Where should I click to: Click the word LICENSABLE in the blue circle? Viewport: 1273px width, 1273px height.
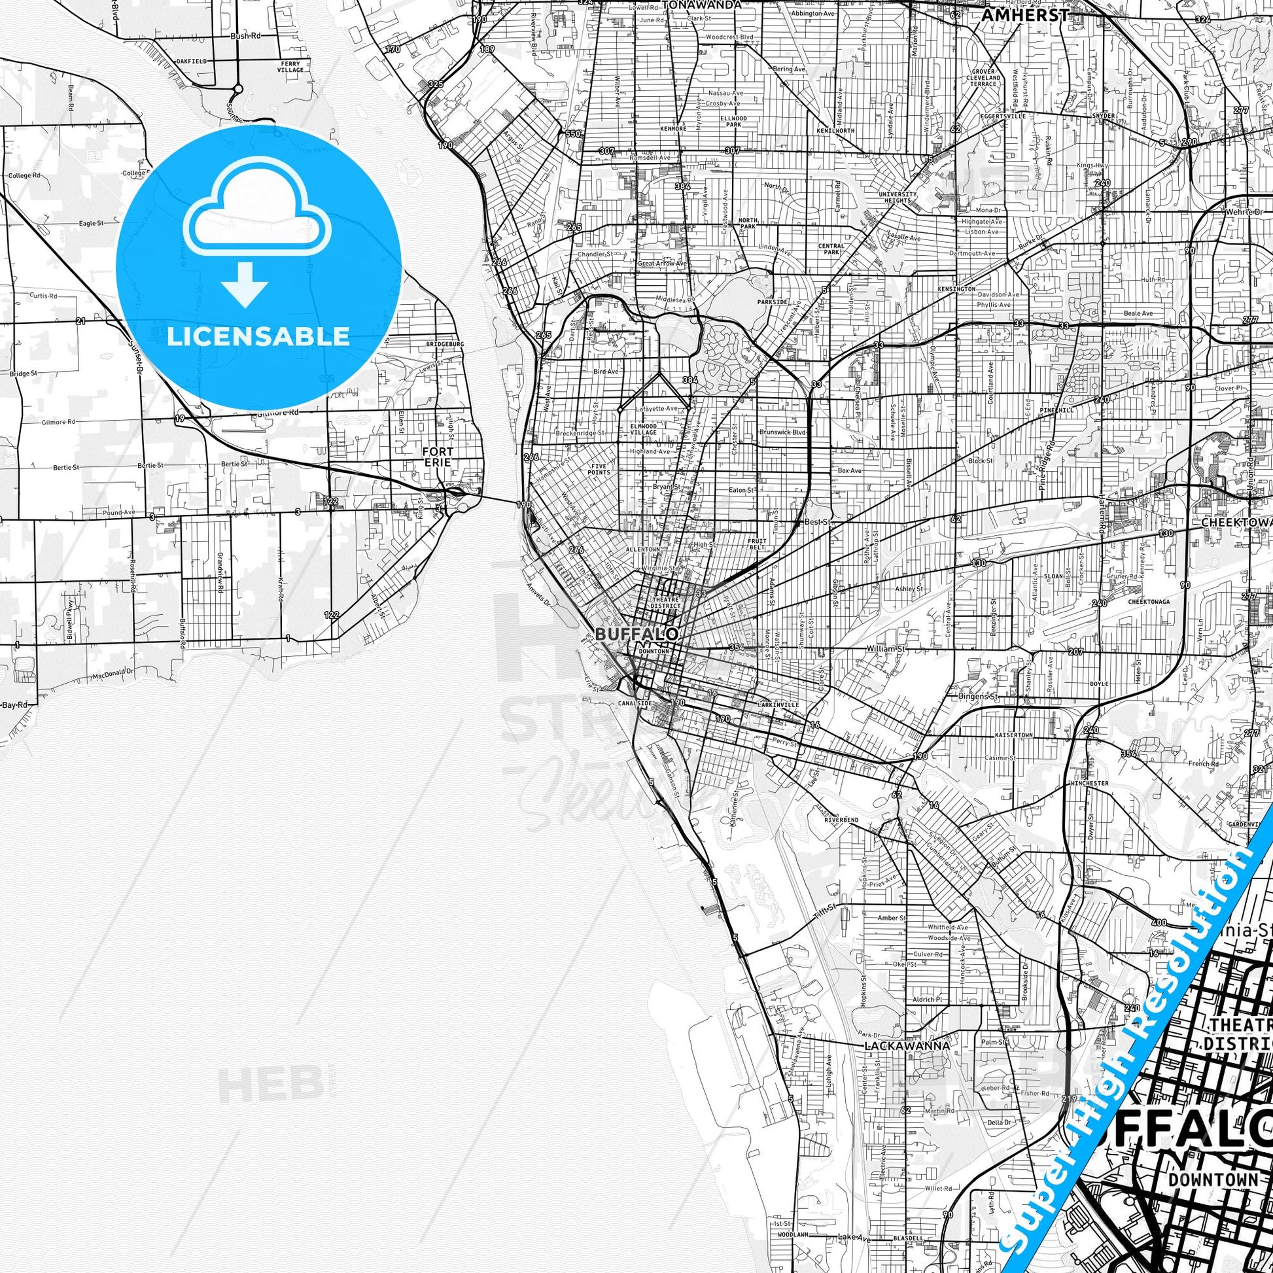[x=258, y=336]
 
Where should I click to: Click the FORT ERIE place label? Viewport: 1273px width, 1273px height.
[x=438, y=457]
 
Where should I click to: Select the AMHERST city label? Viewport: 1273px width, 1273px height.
[x=1024, y=15]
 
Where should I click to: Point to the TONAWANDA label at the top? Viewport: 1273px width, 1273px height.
[x=701, y=5]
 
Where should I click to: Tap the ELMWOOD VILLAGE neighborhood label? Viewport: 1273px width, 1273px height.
[x=643, y=429]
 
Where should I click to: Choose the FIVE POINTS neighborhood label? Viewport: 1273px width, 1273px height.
[x=599, y=469]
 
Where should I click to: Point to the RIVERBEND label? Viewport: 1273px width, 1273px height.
[x=841, y=820]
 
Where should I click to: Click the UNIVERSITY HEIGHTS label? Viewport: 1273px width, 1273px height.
[x=898, y=198]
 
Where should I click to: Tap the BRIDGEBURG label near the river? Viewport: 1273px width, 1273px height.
[x=445, y=344]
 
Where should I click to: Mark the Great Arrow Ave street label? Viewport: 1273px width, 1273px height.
[x=662, y=264]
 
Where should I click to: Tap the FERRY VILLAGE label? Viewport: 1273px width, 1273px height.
[x=290, y=67]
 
